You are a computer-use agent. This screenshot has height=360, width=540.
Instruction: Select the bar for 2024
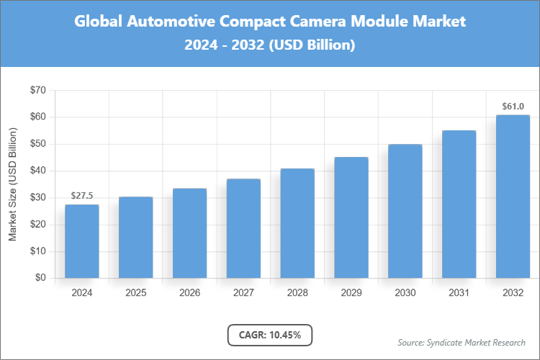coord(81,241)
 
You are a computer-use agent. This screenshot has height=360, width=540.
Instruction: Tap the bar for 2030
coord(405,211)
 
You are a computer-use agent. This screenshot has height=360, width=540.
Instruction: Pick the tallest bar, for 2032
coord(513,197)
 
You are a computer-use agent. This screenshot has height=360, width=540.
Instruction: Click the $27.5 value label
coord(81,196)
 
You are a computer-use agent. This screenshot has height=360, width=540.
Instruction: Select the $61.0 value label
coord(513,107)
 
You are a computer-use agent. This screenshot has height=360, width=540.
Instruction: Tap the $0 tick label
coord(40,279)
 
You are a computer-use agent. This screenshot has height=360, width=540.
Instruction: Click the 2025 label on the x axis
coord(135,293)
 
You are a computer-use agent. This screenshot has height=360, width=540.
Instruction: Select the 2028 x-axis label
coord(297,293)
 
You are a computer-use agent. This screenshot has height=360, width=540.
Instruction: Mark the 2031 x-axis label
coord(459,293)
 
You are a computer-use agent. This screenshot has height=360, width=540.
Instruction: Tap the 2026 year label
coord(189,293)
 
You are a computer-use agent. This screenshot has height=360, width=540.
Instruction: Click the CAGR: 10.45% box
coord(270,335)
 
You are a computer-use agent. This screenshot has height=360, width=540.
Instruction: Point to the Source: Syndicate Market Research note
coord(462,342)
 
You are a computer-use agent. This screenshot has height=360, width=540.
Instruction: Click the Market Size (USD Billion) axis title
coord(12,184)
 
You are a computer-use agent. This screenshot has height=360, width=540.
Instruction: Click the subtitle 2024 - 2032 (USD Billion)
coord(270,45)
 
